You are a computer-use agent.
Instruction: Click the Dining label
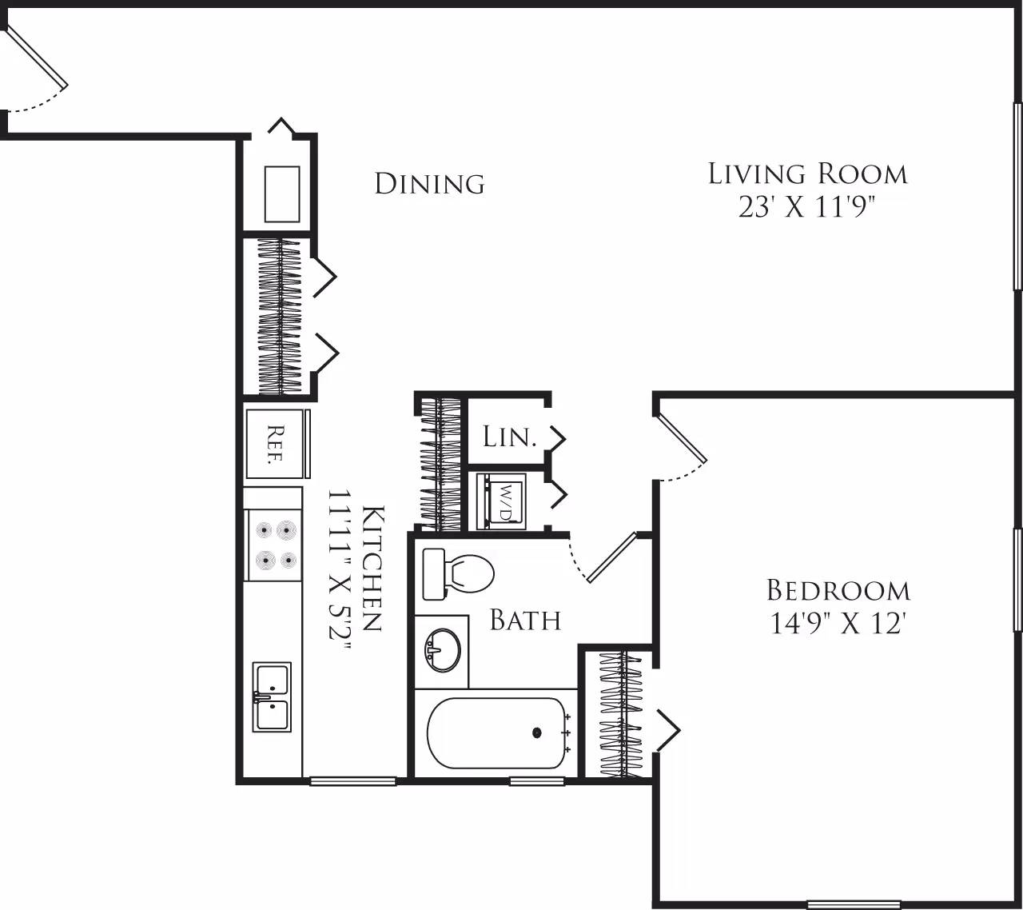(429, 184)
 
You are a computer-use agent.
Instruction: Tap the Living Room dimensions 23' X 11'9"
(807, 209)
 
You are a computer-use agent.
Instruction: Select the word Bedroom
(838, 591)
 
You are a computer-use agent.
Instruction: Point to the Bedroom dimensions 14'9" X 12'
(838, 623)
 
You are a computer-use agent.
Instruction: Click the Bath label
(525, 620)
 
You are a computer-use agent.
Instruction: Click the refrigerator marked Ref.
(274, 444)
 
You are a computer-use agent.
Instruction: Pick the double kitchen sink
(272, 696)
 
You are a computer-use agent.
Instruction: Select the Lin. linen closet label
(508, 437)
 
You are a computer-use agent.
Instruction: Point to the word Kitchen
(372, 568)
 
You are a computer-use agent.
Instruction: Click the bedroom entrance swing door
(682, 440)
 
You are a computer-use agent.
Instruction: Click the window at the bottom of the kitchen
(352, 781)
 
